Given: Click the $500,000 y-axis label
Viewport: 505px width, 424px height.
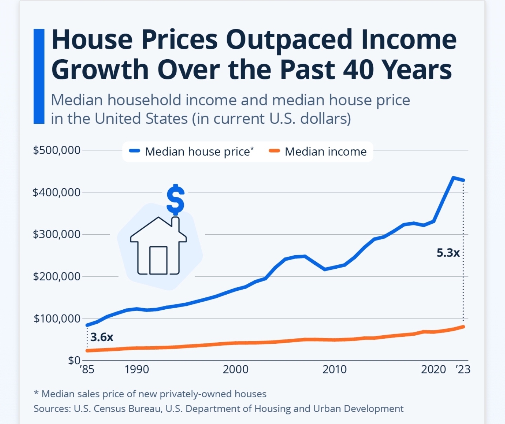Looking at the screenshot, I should coord(56,150).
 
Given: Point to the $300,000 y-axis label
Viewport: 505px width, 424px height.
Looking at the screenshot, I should coord(56,234).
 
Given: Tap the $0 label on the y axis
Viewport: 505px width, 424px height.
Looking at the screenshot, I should coord(74,361).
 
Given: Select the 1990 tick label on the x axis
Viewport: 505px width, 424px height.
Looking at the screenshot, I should coord(137,369).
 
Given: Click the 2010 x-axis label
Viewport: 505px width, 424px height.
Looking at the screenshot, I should coord(335,369).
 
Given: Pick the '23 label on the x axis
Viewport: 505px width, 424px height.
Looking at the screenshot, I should coord(463,369).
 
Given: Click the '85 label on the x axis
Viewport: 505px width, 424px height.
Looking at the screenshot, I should coord(87,369).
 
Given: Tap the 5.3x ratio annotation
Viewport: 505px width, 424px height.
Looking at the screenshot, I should coord(448,253).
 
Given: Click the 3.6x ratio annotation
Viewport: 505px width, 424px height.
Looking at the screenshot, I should coord(102,337).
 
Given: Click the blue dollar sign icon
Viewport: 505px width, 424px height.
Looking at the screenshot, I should coord(175,199).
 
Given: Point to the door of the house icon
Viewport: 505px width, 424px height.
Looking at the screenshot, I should coord(158,260).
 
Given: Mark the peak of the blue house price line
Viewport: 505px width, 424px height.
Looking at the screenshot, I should coord(453,178).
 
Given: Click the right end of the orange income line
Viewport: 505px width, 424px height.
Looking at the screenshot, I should coord(464,327).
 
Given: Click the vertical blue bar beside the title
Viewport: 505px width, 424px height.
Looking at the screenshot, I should coord(39,76).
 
